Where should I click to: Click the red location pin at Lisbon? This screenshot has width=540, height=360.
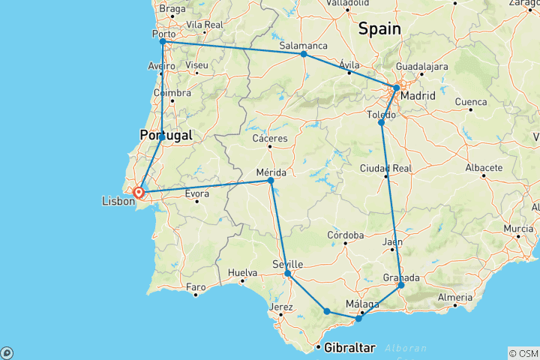coord(139,193)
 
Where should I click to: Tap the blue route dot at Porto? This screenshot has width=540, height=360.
coord(162,41)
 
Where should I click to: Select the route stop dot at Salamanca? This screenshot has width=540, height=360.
coord(304,54)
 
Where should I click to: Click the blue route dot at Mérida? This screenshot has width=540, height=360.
coord(271,181)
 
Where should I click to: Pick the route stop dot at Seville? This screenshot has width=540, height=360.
coord(288,274)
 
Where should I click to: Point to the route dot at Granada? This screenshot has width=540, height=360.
coord(401,285)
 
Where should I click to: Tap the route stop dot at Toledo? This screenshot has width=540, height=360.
coord(381,122)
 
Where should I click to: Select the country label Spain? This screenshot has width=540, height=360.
coord(379,28)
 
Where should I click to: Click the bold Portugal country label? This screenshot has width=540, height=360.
coord(166,135)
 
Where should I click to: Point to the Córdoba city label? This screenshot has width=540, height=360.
coord(346,235)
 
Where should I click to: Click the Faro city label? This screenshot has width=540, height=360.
coord(196,286)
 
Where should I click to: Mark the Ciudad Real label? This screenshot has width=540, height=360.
coord(386,166)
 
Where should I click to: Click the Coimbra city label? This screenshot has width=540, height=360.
coord(172,93)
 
